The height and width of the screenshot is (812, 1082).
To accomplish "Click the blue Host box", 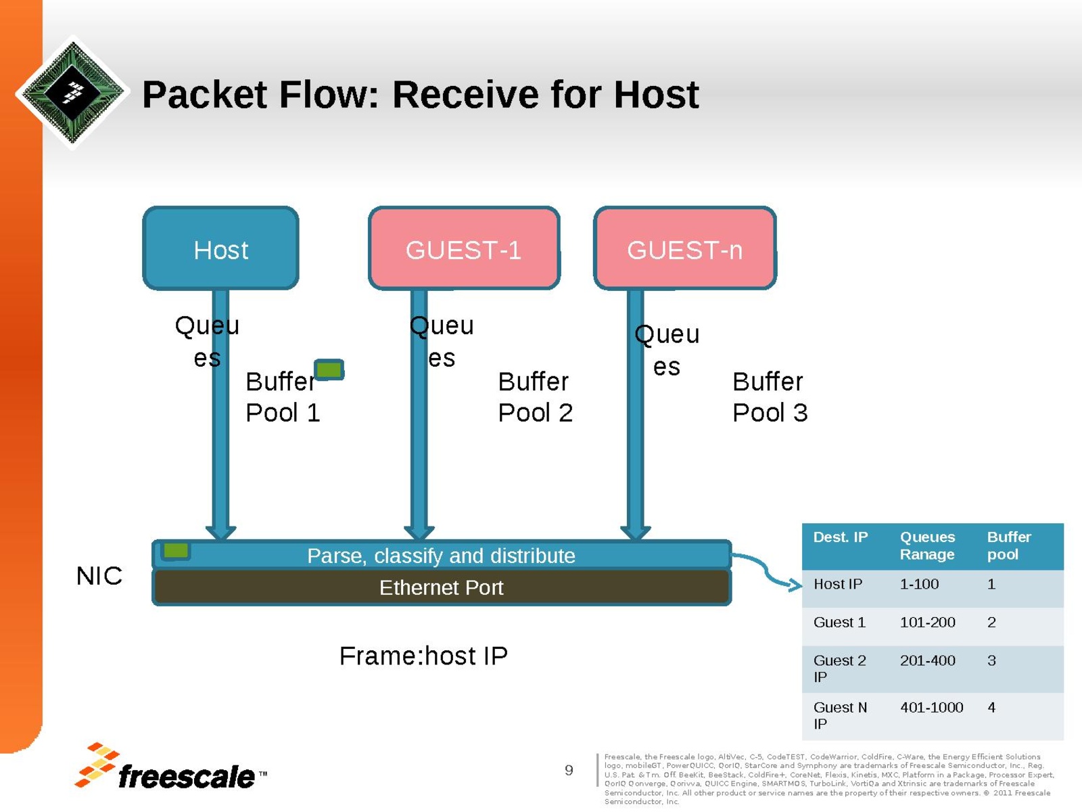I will pyautogui.click(x=220, y=248).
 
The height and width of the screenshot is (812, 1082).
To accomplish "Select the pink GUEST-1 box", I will pyautogui.click(x=464, y=248).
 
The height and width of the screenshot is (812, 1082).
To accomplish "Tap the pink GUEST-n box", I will pyautogui.click(x=684, y=248).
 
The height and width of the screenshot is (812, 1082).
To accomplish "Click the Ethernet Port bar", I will pyautogui.click(x=441, y=587).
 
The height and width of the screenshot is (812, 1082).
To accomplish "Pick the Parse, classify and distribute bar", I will pyautogui.click(x=441, y=556).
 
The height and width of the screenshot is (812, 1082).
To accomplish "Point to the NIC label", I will pyautogui.click(x=99, y=576).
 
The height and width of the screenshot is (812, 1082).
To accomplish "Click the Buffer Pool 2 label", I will pyautogui.click(x=535, y=397).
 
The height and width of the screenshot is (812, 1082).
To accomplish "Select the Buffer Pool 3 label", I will pyautogui.click(x=770, y=397).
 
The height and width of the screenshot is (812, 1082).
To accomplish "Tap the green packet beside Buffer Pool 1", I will pyautogui.click(x=329, y=369).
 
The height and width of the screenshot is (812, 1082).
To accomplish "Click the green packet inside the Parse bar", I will pyautogui.click(x=176, y=551).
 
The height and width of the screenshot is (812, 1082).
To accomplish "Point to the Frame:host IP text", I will pyautogui.click(x=423, y=656).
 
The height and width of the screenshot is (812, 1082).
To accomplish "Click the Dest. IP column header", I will pyautogui.click(x=840, y=537).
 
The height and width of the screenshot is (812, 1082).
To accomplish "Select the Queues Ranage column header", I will pyautogui.click(x=927, y=545).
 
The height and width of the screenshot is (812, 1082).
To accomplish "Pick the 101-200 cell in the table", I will pyautogui.click(x=927, y=623).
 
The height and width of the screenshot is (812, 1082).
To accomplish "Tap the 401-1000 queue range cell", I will pyautogui.click(x=931, y=708).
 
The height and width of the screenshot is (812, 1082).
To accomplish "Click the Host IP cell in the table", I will pyautogui.click(x=838, y=584).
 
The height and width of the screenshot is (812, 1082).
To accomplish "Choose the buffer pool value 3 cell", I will pyautogui.click(x=991, y=660).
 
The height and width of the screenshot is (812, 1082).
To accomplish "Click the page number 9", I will pyautogui.click(x=569, y=770).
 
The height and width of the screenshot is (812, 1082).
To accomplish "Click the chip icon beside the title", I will pyautogui.click(x=72, y=91).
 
